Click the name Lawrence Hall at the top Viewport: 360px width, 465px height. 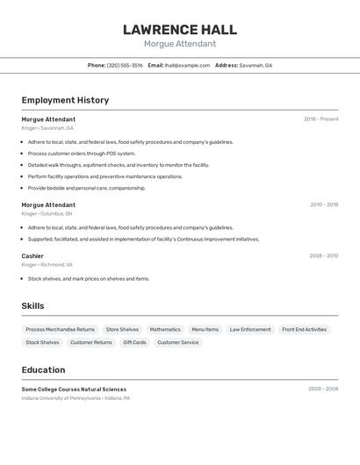tap(180, 30)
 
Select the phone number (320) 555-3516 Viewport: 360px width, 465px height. tap(125, 65)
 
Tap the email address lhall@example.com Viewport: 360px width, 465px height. tap(187, 65)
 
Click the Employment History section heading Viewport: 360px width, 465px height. tap(65, 100)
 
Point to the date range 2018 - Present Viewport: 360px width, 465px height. tap(320, 119)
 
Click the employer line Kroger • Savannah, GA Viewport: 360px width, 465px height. tap(47, 128)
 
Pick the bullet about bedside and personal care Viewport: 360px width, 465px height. tap(86, 188)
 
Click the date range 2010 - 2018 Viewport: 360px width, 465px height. tap(323, 204)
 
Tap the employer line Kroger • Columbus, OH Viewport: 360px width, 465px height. tap(47, 213)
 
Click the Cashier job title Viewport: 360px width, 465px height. tap(32, 256)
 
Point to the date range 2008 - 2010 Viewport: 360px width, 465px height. tap(323, 256)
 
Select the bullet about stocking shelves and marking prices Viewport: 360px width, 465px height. tap(88, 279)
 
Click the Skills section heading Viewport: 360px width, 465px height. tap(32, 306)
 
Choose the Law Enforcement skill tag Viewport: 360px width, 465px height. tap(250, 330)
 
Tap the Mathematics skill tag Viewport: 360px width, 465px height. tap(165, 330)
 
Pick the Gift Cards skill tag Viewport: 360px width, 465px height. tap(134, 342)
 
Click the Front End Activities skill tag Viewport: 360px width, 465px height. tap(304, 330)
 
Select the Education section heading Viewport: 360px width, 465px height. tap(43, 370)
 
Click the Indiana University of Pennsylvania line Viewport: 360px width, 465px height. tap(76, 398)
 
